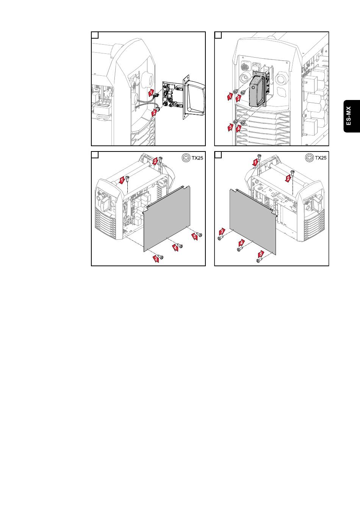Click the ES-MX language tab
tap(352, 116)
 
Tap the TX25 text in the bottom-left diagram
tap(197, 158)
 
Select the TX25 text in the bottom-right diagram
tap(321, 158)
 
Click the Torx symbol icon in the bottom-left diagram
tap(186, 158)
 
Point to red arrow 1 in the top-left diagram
tap(151, 92)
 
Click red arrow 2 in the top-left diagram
tap(154, 113)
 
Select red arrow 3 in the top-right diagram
tap(231, 127)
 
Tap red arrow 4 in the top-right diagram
tap(238, 129)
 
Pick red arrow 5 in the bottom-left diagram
tap(194, 236)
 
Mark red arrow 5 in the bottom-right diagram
tap(261, 254)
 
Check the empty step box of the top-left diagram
tap(95, 35)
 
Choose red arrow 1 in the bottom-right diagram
tap(255, 162)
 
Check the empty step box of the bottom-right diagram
tap(218, 155)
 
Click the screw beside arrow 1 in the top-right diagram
tap(235, 92)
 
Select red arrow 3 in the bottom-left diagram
tap(156, 259)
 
